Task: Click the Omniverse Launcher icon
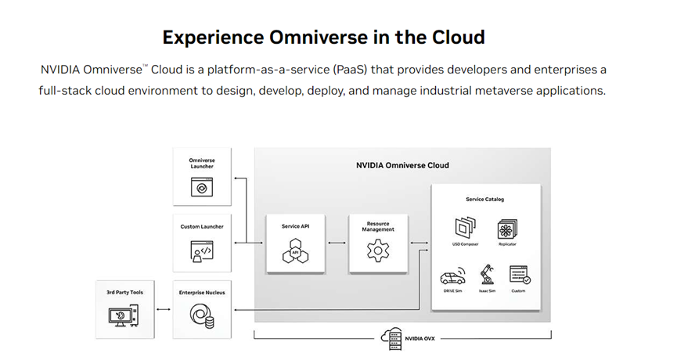[x=201, y=188]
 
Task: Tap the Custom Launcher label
[x=201, y=227]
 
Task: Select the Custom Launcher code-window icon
[x=201, y=251]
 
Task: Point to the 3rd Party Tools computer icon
[x=124, y=315]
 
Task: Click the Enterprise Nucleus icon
[x=201, y=315]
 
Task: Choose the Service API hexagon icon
[x=296, y=252]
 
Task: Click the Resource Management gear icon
[x=378, y=252]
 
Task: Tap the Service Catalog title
[x=484, y=200]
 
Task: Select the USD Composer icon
[x=465, y=229]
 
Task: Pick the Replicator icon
[x=507, y=229]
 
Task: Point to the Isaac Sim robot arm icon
[x=486, y=274]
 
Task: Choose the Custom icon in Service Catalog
[x=519, y=275]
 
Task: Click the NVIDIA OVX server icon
[x=390, y=337]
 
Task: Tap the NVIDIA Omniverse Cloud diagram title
[x=402, y=165]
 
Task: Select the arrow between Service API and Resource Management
[x=337, y=243]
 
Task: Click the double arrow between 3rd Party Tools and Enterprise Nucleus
[x=163, y=310]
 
